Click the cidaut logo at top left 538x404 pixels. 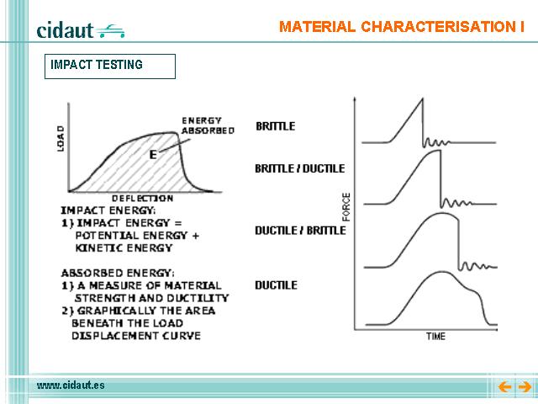coord(81,30)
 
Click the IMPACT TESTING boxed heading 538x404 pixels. coord(110,66)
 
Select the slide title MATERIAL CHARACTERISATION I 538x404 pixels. coord(402,27)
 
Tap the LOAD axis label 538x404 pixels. coord(61,138)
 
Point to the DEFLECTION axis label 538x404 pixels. coord(142,199)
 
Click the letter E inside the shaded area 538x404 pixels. coord(153,155)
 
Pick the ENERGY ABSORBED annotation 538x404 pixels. coord(208,125)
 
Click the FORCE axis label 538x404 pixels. coord(346,207)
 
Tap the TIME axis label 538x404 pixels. coord(435,337)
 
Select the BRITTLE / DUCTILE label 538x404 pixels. coord(299,168)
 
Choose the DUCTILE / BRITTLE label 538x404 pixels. coord(300,230)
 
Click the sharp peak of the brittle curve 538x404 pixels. coord(422,99)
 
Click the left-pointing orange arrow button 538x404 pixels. coord(505,387)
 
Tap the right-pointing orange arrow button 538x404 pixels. coord(525,387)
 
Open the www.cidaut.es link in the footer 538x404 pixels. coord(71,385)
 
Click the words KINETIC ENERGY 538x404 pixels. coord(124,247)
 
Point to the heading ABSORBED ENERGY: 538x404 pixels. coord(118,273)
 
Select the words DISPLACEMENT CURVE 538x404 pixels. coord(136,336)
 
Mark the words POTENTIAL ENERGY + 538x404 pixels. coord(137,236)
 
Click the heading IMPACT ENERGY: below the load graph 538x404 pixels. coord(108,210)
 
